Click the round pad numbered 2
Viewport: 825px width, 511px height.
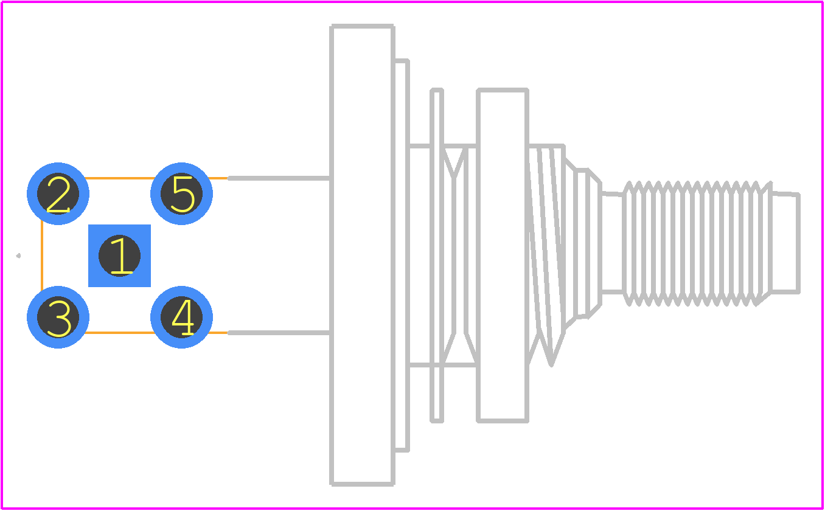coord(58,193)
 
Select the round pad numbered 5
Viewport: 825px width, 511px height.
coord(181,193)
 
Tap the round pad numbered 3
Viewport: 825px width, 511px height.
coord(58,317)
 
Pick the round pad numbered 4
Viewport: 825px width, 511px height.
coord(181,317)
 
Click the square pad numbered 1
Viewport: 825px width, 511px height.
coord(119,255)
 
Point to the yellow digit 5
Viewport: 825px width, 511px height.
coord(183,195)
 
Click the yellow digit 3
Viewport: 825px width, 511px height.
coord(59,318)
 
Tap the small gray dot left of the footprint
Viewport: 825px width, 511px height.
coord(18,255)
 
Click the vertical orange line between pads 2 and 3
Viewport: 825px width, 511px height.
coord(42,255)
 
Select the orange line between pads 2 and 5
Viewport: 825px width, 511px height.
coord(120,178)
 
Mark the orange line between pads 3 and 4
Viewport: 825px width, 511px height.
coord(120,333)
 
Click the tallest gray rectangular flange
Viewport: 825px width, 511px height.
coord(363,255)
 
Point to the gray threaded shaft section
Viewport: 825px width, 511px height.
coord(697,243)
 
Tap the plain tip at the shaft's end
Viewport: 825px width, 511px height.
coord(786,243)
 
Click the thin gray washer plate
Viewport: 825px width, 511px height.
coord(437,255)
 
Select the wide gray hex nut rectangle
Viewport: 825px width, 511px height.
coord(503,255)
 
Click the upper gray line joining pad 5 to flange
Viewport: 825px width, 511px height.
coord(279,178)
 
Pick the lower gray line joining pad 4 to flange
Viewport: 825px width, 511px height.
coord(279,333)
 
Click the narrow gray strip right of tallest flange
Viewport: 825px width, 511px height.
coord(402,255)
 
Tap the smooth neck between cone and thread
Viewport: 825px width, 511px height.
coord(612,243)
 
